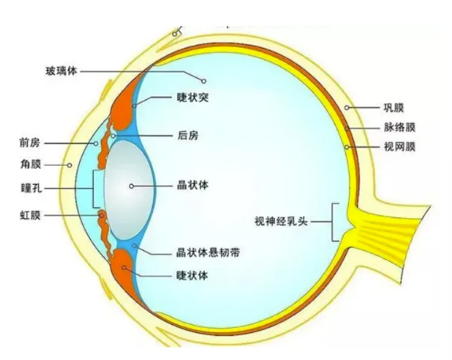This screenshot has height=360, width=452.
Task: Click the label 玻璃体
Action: pos(61,71)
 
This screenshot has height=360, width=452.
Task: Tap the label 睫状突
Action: pos(193,97)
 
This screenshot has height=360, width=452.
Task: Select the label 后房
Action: pos(188,135)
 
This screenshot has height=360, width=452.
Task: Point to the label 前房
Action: pos(30,143)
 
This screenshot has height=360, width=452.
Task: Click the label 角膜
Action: pos(30,164)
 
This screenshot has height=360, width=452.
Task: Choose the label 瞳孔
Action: pos(31,188)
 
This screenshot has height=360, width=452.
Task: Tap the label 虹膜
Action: pos(30,215)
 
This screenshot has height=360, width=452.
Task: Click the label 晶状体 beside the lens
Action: pos(193,186)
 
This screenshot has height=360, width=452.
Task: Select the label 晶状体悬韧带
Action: pos(208,252)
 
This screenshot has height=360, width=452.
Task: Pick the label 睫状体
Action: pos(192,276)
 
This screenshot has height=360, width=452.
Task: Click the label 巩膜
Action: pos(394,108)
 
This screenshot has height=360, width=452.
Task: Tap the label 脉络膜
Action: pos(399,127)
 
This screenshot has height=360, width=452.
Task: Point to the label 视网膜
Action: pos(399,147)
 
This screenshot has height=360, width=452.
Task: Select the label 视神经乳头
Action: pos(281,221)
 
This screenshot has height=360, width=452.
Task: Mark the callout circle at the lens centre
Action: pos(132,186)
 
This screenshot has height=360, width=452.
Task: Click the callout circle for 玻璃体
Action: pos(203,81)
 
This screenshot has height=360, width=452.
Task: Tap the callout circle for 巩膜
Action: pos(347,108)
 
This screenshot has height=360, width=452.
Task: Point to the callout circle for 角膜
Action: pos(69,166)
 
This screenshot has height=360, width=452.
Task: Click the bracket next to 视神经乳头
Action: pos(332,221)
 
